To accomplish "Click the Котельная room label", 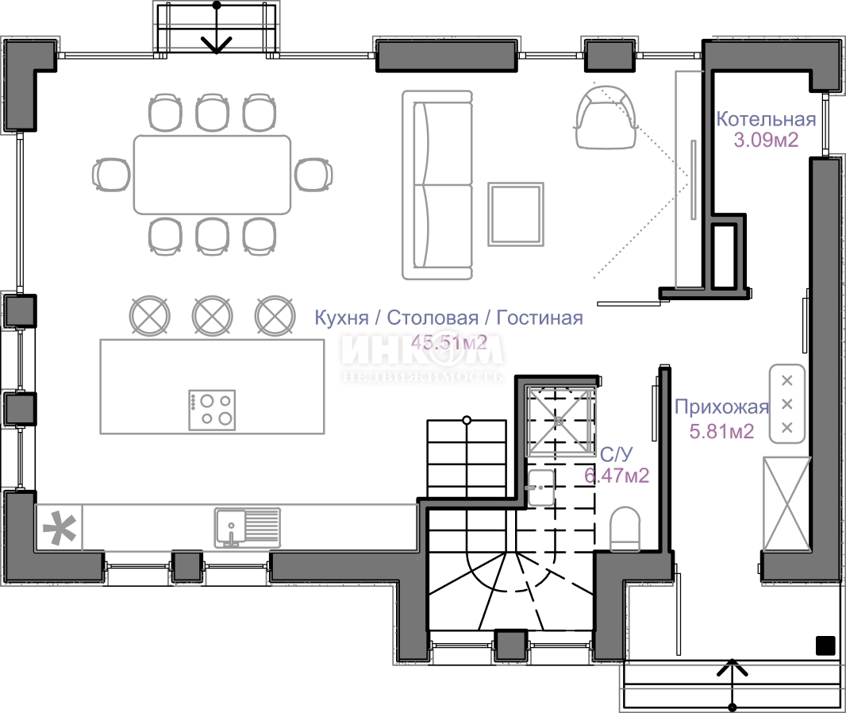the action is click(766, 119).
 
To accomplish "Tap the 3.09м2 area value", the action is click(766, 140).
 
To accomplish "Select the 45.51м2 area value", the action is click(449, 341).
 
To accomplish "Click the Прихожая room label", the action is click(722, 407).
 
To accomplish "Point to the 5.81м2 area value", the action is click(722, 431).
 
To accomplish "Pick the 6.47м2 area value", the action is click(617, 476).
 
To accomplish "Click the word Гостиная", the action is click(540, 318).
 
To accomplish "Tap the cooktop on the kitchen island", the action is click(212, 410).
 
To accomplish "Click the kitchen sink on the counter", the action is click(248, 526).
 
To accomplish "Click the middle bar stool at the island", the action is click(213, 315).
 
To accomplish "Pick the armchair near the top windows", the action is click(606, 117).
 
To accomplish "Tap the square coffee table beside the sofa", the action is click(516, 214).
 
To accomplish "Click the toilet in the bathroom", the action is click(625, 529).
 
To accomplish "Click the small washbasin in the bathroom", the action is click(541, 488).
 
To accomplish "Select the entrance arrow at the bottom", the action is click(733, 684).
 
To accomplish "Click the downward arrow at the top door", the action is click(217, 28).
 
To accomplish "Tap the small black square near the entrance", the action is click(825, 646).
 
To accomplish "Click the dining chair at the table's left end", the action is click(111, 175).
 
